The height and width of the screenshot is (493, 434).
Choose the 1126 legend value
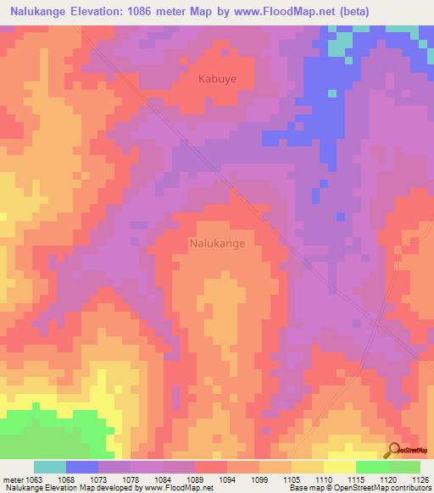[x=420, y=479]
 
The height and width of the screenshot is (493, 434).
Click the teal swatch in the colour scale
[x=50, y=467]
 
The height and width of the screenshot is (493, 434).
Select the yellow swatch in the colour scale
[x=339, y=467]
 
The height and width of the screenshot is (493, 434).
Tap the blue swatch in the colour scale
[x=82, y=467]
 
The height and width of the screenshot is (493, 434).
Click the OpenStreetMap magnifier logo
[x=394, y=449]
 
